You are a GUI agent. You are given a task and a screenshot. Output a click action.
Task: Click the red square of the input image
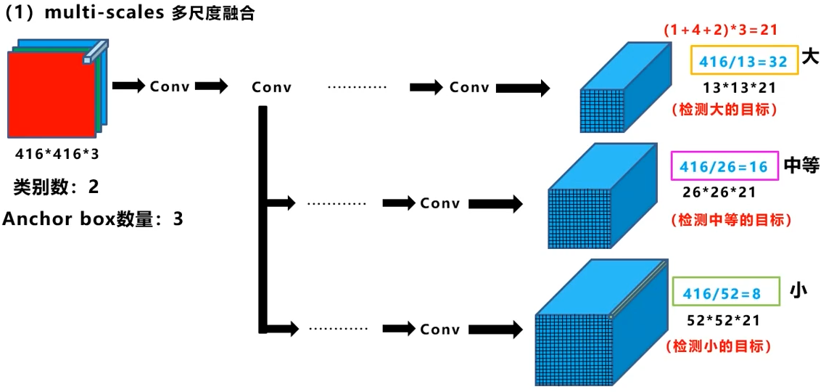(51, 94)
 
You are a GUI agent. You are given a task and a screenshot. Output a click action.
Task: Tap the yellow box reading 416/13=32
(744, 62)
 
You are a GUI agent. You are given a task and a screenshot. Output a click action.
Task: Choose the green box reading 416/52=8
(725, 293)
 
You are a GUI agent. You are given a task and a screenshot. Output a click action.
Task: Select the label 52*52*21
(724, 319)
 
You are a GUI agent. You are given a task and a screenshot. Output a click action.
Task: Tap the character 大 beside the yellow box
(811, 57)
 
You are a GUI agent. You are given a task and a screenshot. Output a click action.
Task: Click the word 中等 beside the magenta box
(801, 166)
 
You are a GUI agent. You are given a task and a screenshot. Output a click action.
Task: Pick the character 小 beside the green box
(798, 292)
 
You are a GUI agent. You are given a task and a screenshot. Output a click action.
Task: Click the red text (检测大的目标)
(724, 110)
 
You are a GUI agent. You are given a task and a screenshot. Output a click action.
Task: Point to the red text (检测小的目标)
(718, 346)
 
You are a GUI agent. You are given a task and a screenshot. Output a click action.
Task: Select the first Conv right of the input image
(170, 86)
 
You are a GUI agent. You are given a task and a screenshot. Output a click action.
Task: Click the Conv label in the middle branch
(439, 203)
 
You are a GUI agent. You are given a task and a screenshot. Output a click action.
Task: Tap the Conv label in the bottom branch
(439, 330)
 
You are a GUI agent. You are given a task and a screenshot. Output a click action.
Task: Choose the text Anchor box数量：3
(93, 219)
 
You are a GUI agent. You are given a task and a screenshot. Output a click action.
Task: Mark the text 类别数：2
(56, 187)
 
